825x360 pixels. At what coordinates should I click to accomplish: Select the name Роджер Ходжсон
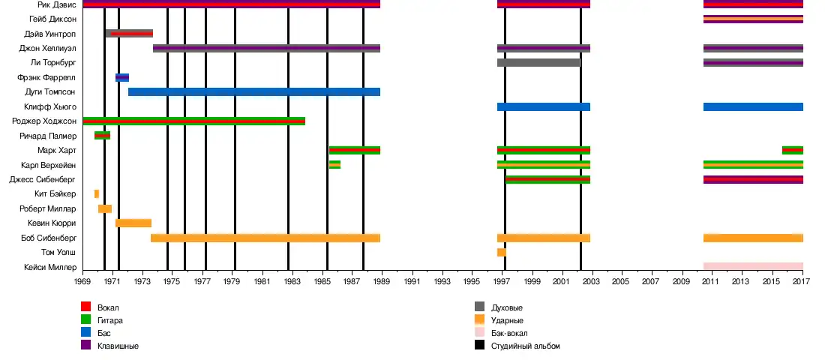click(44, 121)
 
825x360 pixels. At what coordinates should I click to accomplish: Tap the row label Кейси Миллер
click(49, 267)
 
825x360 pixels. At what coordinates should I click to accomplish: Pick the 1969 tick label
click(82, 281)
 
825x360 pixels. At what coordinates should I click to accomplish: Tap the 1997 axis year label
click(502, 281)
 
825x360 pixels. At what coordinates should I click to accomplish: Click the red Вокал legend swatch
click(86, 307)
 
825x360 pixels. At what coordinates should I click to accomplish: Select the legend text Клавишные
click(118, 346)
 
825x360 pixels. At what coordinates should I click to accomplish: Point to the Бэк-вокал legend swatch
click(480, 333)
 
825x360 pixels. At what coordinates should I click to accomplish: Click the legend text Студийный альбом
click(525, 346)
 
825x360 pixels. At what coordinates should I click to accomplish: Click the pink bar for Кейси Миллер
click(753, 266)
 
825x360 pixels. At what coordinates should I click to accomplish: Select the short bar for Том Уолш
click(501, 252)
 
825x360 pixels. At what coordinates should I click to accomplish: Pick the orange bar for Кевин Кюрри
click(133, 223)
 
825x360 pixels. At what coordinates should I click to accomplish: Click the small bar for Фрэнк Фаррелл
click(122, 77)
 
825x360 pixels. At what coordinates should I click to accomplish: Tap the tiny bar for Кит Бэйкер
click(97, 193)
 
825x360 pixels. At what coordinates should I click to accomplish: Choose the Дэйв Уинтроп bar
click(129, 34)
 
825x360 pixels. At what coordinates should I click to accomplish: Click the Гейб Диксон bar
click(753, 19)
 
